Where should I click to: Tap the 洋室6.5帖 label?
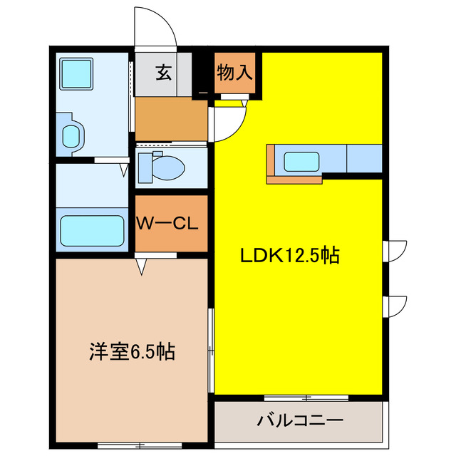pos(133,351)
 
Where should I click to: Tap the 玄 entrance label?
pos(164,73)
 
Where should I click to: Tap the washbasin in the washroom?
pos(73,135)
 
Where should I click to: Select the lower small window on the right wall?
pos(394,305)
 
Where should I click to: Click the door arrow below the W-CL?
pos(141,266)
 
